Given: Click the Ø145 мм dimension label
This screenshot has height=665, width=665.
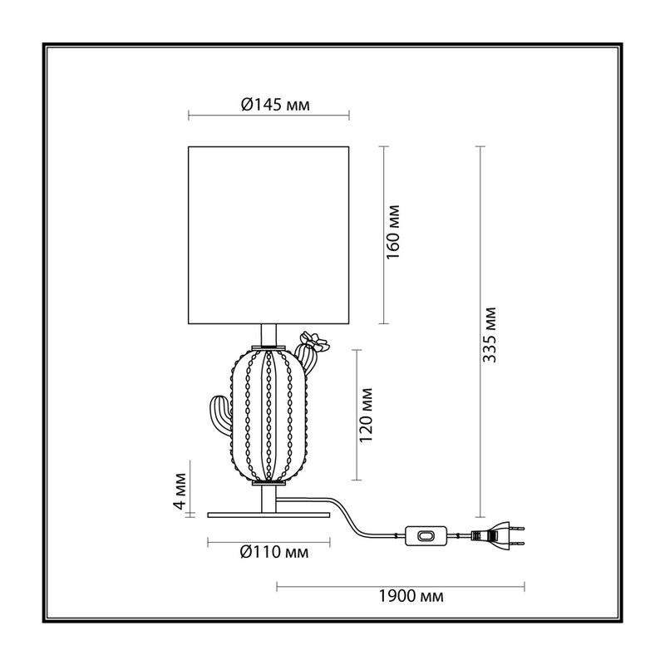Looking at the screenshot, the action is point(275,105).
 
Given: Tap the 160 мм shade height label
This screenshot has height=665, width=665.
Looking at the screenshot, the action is point(393,232).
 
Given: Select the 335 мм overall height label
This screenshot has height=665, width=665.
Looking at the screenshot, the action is point(490,335).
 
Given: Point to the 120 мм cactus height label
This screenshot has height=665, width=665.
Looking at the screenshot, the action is point(366,415).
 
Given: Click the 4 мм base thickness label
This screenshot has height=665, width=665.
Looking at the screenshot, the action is point(180,491).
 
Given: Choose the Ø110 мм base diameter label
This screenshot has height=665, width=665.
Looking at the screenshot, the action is point(274,552).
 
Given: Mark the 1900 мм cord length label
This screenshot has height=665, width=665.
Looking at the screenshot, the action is point(411,596).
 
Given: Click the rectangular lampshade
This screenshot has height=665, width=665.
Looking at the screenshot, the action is point(268,235).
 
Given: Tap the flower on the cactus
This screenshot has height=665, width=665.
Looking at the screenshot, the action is point(315,341).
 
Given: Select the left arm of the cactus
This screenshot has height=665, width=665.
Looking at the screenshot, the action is point(220,415).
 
